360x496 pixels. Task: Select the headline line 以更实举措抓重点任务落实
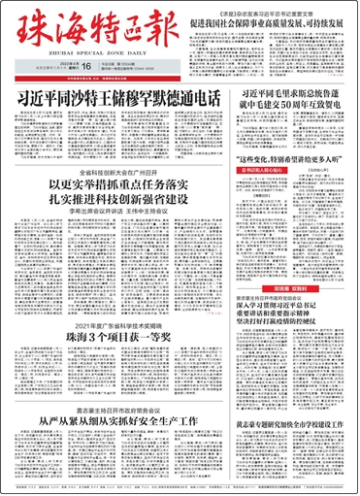122,184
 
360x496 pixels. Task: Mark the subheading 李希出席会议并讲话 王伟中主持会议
122,215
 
